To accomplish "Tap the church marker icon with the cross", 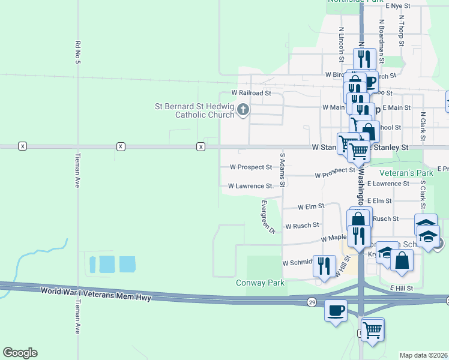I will pos(243,109).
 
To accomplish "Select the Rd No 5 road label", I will pos(78,52).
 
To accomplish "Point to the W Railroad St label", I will pos(252,93).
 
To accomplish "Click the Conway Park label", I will pos(260,283).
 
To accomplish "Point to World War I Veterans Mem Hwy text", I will pos(96,293).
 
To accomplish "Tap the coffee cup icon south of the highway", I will pos(335,310).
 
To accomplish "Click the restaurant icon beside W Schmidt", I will pos(324,266).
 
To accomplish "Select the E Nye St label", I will pos(397,5).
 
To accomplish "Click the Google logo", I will pos(20,353).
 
